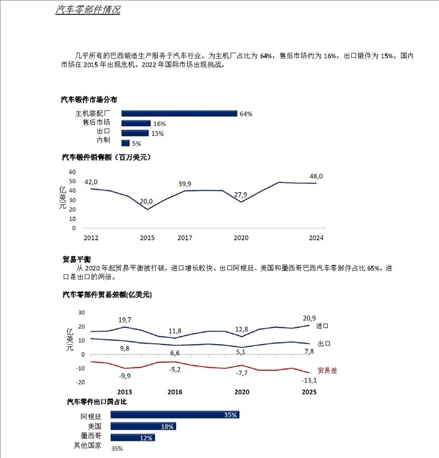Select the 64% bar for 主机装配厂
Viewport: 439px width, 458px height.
tap(179, 114)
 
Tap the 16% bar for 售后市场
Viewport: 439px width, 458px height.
tap(136, 123)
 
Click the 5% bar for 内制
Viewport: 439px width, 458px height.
tap(125, 143)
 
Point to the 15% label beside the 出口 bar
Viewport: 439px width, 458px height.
tap(158, 134)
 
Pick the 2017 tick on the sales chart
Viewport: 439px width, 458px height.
tap(185, 238)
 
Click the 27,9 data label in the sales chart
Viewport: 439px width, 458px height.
tap(241, 195)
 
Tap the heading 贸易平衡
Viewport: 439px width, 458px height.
tap(77, 259)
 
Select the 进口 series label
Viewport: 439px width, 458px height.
tap(323, 326)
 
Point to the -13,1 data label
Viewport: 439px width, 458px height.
tap(308, 381)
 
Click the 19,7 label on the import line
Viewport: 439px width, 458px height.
tap(125, 320)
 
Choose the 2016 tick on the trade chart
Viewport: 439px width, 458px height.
tap(174, 392)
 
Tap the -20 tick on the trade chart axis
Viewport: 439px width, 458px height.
tap(81, 382)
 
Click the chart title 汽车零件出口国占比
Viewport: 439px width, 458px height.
tap(97, 402)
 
